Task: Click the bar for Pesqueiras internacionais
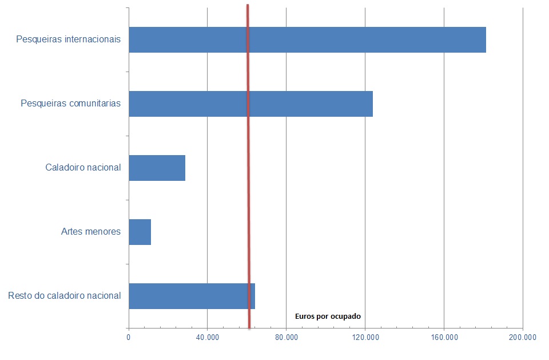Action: coord(307,40)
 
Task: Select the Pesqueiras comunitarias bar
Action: coord(250,104)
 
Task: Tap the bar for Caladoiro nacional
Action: coord(157,168)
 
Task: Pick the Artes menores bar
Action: coord(140,232)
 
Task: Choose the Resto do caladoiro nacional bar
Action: coord(192,296)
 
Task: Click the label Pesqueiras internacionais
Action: coord(69,40)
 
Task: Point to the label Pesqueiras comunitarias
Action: coord(70,104)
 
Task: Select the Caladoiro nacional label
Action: coord(83,168)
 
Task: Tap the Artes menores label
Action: coord(91,232)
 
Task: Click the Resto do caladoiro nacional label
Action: coord(65,296)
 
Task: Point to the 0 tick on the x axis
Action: coord(129,338)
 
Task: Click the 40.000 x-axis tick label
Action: coord(207,338)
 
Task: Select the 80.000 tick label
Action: coord(286,338)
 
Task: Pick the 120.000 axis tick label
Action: coord(365,338)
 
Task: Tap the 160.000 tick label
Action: coord(444,338)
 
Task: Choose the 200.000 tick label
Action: coord(522,338)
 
